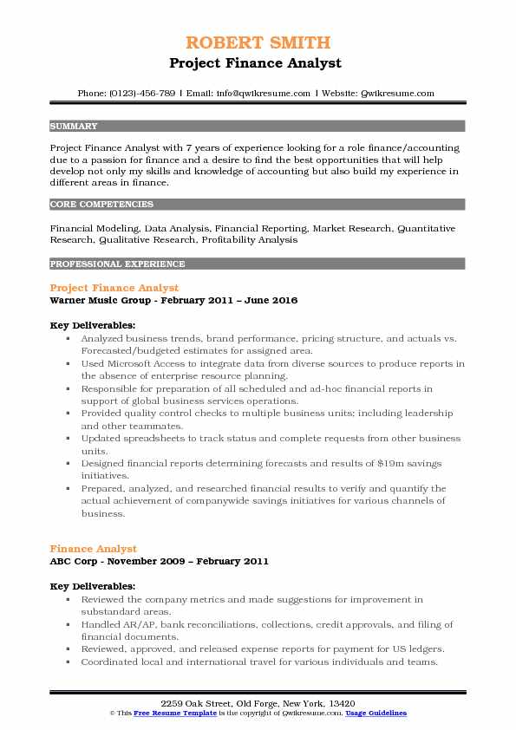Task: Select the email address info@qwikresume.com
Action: pos(247,93)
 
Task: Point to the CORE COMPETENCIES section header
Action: pos(101,205)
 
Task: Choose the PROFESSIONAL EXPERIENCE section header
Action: pos(117,264)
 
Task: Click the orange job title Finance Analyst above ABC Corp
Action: pos(93,549)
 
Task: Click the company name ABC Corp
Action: pos(74,562)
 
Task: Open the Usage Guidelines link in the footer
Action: pos(377,713)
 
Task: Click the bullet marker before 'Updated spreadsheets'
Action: pos(68,439)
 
